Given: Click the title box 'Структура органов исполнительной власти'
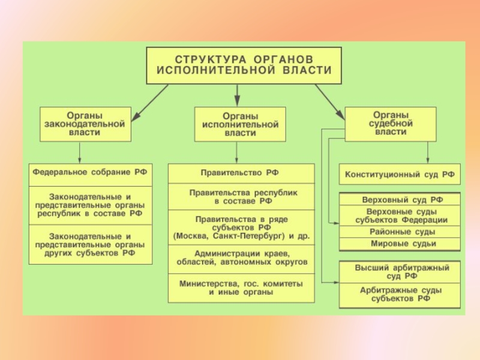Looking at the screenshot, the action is coord(244,65).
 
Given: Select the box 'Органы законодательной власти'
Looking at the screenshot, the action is coord(85,124).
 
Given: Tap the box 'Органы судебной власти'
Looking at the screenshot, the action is coord(391,124).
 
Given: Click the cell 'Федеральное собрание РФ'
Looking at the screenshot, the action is coord(91,175).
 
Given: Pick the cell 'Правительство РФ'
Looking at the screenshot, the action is coord(241,173).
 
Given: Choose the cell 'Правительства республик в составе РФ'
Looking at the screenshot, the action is coord(241,197).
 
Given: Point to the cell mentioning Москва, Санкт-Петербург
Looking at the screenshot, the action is coord(241,227).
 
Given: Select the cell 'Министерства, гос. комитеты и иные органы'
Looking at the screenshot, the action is coord(241,288).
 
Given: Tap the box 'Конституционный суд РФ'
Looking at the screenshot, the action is coord(400,174).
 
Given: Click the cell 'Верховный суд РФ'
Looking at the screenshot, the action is coord(400,199).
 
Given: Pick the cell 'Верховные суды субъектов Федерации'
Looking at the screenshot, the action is coord(400,216).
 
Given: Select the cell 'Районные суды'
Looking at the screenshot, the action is coord(400,232).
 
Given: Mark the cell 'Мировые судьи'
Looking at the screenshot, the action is coord(400,244).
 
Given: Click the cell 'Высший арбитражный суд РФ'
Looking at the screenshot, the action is coord(400,272).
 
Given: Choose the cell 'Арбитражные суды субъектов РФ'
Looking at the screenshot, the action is coord(400,295).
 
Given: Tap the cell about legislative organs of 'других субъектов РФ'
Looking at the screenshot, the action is coord(91,245).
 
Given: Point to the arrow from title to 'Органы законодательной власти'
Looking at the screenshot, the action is coord(149,103).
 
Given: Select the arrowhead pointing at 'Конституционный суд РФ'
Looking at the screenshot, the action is coord(428,160).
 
